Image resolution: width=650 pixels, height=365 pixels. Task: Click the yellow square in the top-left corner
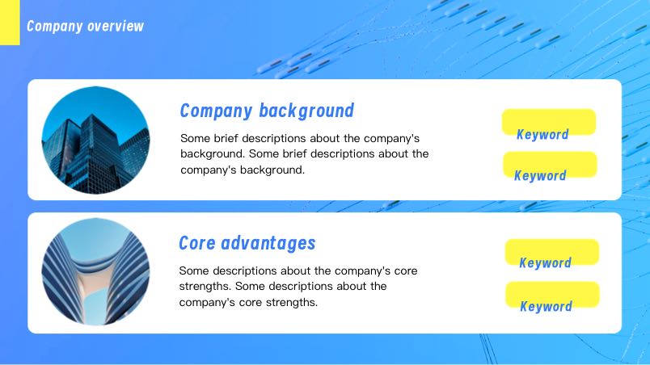point(10,23)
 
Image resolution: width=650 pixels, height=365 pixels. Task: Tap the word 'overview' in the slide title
point(116,27)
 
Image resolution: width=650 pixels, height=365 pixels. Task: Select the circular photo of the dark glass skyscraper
point(95,140)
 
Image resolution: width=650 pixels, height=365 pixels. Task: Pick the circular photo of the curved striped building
point(95,271)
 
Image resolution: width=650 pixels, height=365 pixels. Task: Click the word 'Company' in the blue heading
point(217,111)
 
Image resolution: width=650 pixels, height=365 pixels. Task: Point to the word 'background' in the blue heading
point(306,111)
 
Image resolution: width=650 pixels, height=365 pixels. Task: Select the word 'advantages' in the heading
point(268,244)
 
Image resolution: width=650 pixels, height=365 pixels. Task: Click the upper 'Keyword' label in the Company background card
point(542,135)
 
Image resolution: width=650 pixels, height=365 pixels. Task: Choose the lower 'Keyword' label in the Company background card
point(540,176)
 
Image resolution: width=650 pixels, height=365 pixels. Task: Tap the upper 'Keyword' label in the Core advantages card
point(546,262)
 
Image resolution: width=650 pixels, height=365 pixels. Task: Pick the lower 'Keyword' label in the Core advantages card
point(547,307)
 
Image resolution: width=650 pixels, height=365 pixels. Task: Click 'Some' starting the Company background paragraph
point(196,138)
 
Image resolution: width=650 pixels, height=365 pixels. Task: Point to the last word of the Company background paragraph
point(272,170)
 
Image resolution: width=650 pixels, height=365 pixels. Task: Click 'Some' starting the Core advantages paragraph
point(194,271)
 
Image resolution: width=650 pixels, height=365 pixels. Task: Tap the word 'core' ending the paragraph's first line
point(406,271)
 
